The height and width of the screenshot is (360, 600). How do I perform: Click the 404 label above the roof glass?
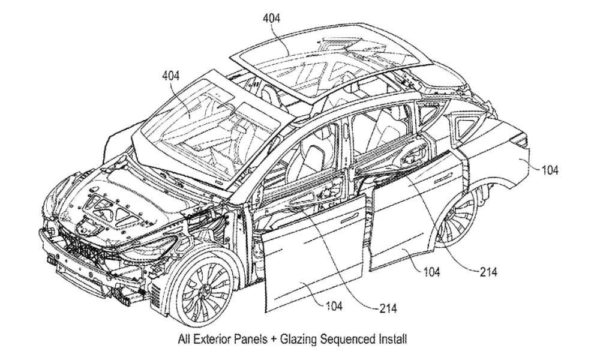271,18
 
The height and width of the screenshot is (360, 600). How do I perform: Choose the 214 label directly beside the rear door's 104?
487,272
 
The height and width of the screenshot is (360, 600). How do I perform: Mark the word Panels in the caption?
257,340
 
